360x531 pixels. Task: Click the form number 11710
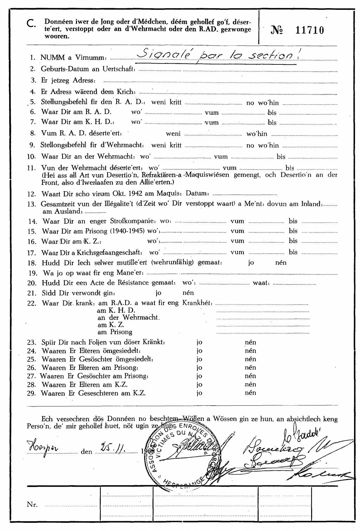click(x=309, y=30)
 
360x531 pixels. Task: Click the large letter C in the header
click(x=31, y=24)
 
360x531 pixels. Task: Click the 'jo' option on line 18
click(x=251, y=263)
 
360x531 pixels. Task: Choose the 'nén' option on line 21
click(x=188, y=293)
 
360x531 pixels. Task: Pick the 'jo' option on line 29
click(x=200, y=393)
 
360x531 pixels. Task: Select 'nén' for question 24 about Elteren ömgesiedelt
click(x=250, y=351)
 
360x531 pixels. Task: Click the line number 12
click(x=32, y=194)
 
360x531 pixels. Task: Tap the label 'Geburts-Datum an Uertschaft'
click(x=88, y=69)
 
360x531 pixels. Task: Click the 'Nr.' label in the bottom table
click(x=32, y=504)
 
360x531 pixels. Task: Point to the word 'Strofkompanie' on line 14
click(x=132, y=221)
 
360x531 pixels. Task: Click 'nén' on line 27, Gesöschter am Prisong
click(x=250, y=376)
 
